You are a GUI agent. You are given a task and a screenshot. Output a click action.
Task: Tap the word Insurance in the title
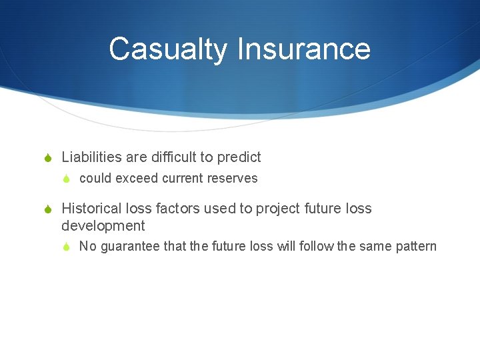[x=303, y=49]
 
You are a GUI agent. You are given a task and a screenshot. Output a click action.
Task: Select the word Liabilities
[x=91, y=157]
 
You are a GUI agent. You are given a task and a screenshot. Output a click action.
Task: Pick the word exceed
[x=137, y=179]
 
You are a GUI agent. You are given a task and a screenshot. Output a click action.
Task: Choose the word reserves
[x=233, y=179]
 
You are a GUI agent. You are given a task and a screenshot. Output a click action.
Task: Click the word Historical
[x=92, y=209]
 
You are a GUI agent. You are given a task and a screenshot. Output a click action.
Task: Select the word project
[x=280, y=209]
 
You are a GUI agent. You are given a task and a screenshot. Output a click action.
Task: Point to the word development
[x=103, y=227]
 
